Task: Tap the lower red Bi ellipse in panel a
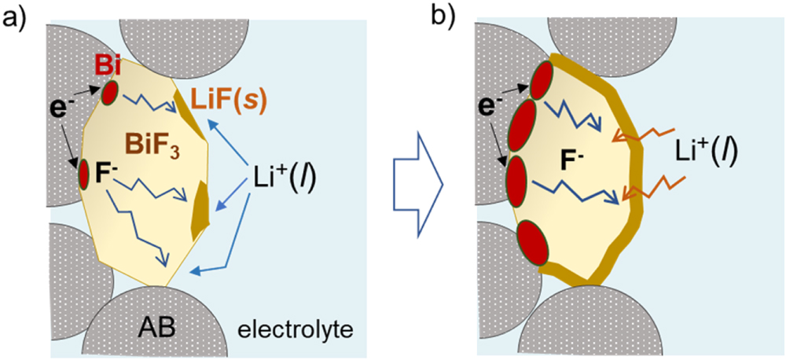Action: [x=83, y=174]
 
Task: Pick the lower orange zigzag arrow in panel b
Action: [x=641, y=189]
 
